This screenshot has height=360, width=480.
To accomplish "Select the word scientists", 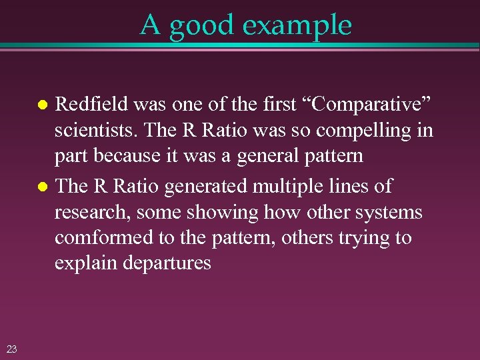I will click(x=90, y=130).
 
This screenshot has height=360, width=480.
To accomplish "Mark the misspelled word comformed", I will click(x=102, y=238).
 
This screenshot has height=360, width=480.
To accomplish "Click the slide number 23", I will click(x=11, y=347).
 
